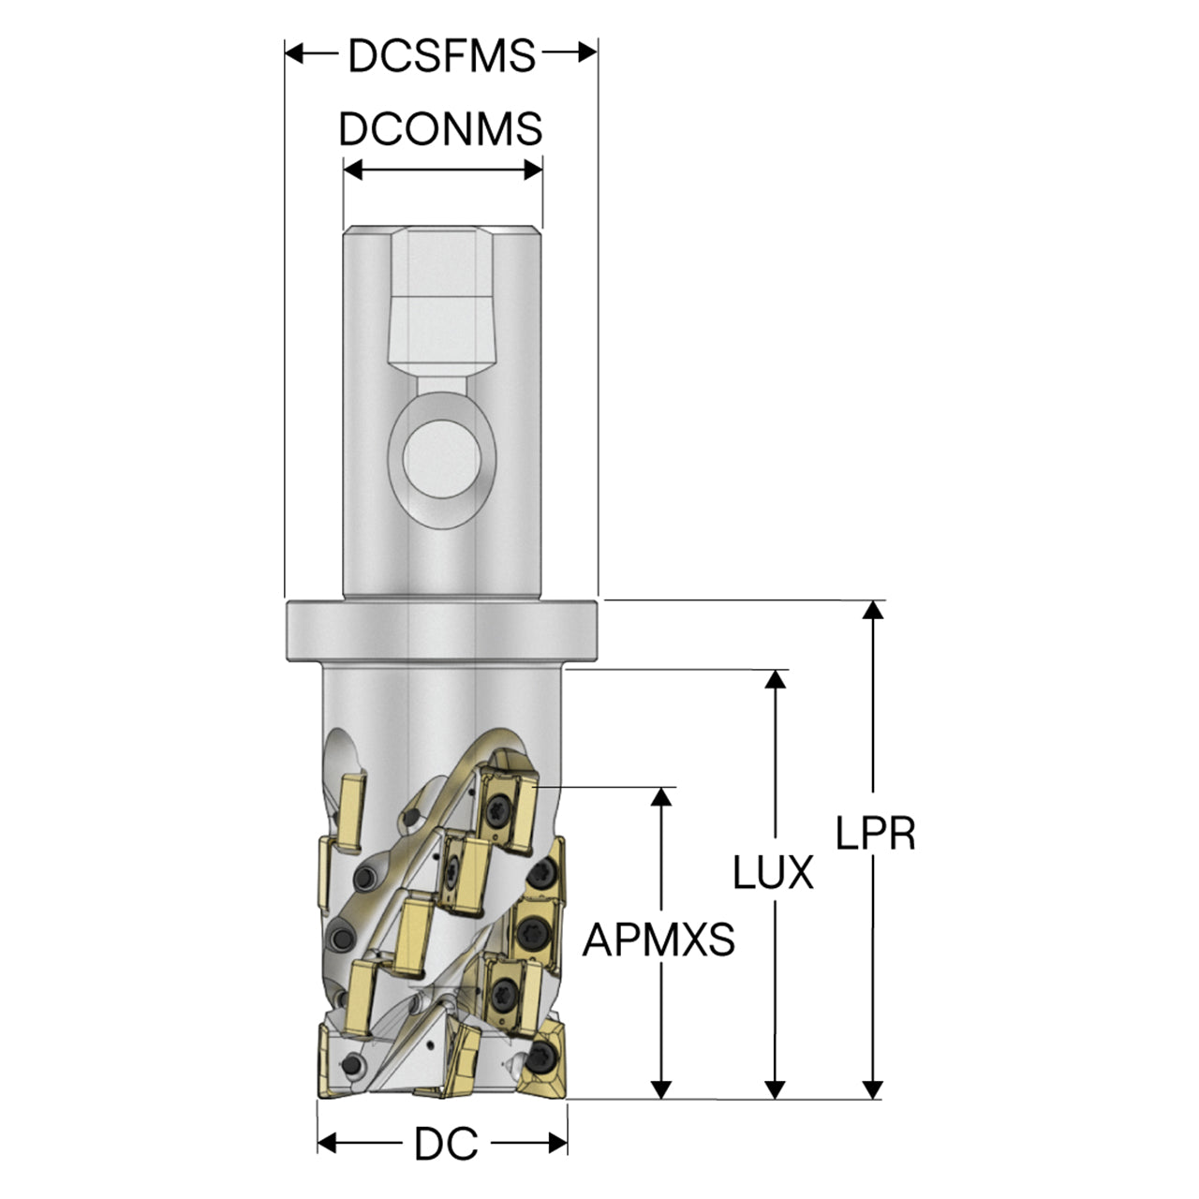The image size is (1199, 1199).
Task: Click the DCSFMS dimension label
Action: coord(441,56)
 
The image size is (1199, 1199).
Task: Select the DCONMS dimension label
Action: coord(440,129)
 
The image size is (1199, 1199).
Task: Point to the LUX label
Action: coord(774,872)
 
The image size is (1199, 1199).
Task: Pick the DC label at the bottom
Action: coord(446,1144)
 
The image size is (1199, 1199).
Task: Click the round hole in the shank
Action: coord(442,459)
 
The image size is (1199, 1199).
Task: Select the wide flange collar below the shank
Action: coord(442,631)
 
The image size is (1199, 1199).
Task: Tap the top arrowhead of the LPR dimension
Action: coord(874,610)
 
